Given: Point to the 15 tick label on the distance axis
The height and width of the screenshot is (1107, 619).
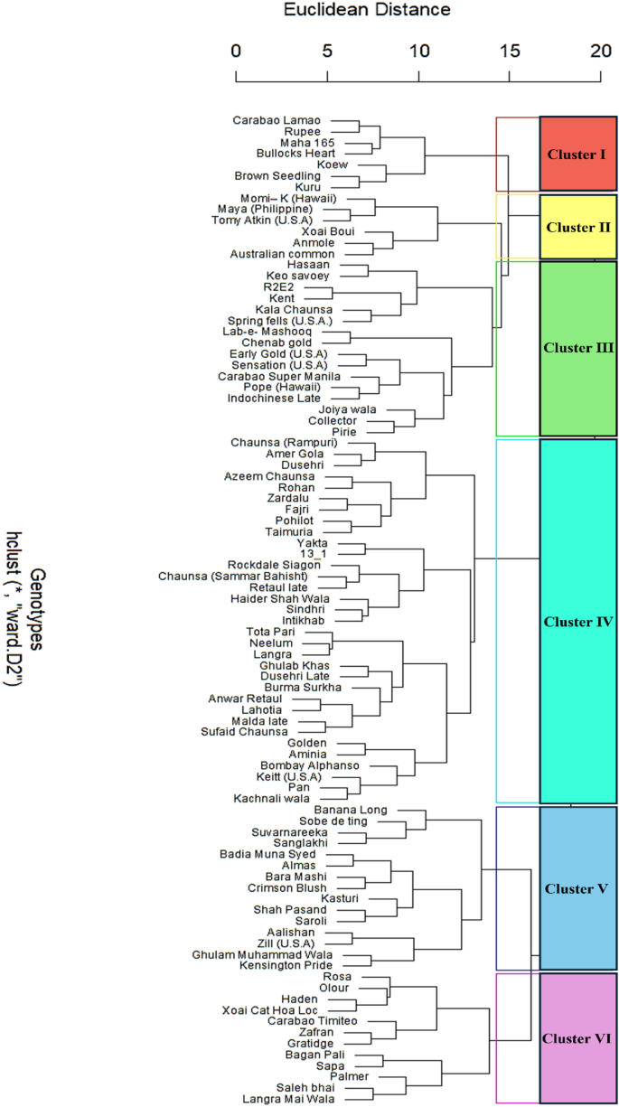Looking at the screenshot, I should click(510, 52).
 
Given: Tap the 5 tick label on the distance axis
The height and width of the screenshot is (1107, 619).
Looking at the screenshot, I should click(327, 52).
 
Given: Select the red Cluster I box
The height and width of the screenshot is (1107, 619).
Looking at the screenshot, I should click(577, 154).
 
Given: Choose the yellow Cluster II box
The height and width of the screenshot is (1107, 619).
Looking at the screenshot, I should click(577, 227).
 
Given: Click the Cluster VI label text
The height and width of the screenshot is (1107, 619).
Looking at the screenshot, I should click(577, 1038).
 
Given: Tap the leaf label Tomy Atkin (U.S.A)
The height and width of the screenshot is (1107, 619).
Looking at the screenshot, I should click(262, 220).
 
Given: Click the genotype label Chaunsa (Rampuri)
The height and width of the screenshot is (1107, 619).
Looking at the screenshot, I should click(284, 442).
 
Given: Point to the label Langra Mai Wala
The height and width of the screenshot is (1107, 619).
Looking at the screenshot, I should click(288, 1099).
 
